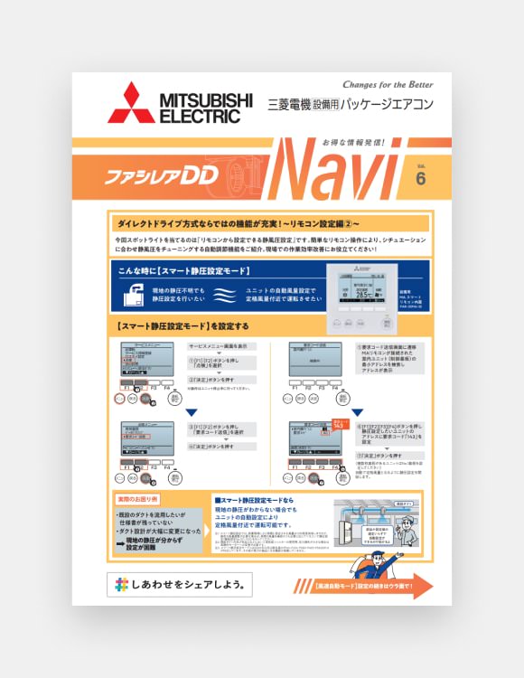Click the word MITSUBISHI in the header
coord(206,99)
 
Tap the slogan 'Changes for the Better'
coord(395,83)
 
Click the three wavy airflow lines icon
coord(229,295)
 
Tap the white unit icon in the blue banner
coord(135,295)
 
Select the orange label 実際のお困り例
coord(137,499)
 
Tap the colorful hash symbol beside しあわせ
coord(122,586)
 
